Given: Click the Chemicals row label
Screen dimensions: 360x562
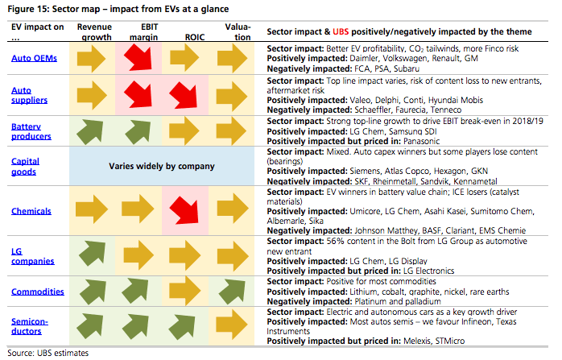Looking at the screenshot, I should coord(32,211).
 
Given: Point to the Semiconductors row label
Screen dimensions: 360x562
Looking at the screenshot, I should coord(31,326).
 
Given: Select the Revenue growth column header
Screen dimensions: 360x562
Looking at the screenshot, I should coord(93,31).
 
